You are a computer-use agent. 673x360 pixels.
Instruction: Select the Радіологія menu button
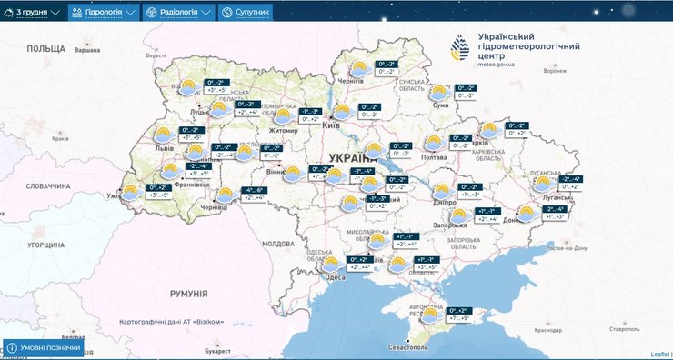pyautogui.click(x=179, y=13)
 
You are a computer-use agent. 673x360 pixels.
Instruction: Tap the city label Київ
pyautogui.click(x=332, y=125)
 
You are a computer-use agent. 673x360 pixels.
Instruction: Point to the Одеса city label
pyautogui.click(x=334, y=278)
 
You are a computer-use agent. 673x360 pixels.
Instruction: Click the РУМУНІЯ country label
pyautogui.click(x=189, y=294)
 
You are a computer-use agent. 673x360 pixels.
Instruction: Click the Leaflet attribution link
pyautogui.click(x=659, y=354)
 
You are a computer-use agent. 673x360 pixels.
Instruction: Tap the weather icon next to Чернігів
pyautogui.click(x=358, y=68)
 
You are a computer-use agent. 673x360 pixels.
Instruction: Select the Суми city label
pyautogui.click(x=442, y=105)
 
